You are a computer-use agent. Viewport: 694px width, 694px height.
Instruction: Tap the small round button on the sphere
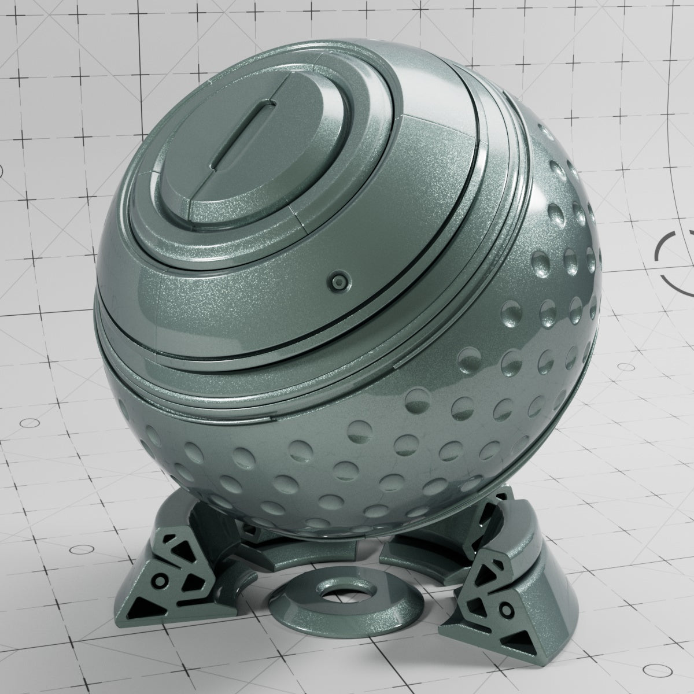tap(338, 282)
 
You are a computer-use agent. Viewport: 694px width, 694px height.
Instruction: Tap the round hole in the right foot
tap(507, 609)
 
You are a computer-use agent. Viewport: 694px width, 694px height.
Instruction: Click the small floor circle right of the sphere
tap(626, 367)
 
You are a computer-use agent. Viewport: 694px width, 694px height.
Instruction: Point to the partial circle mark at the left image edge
tap(1, 171)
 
